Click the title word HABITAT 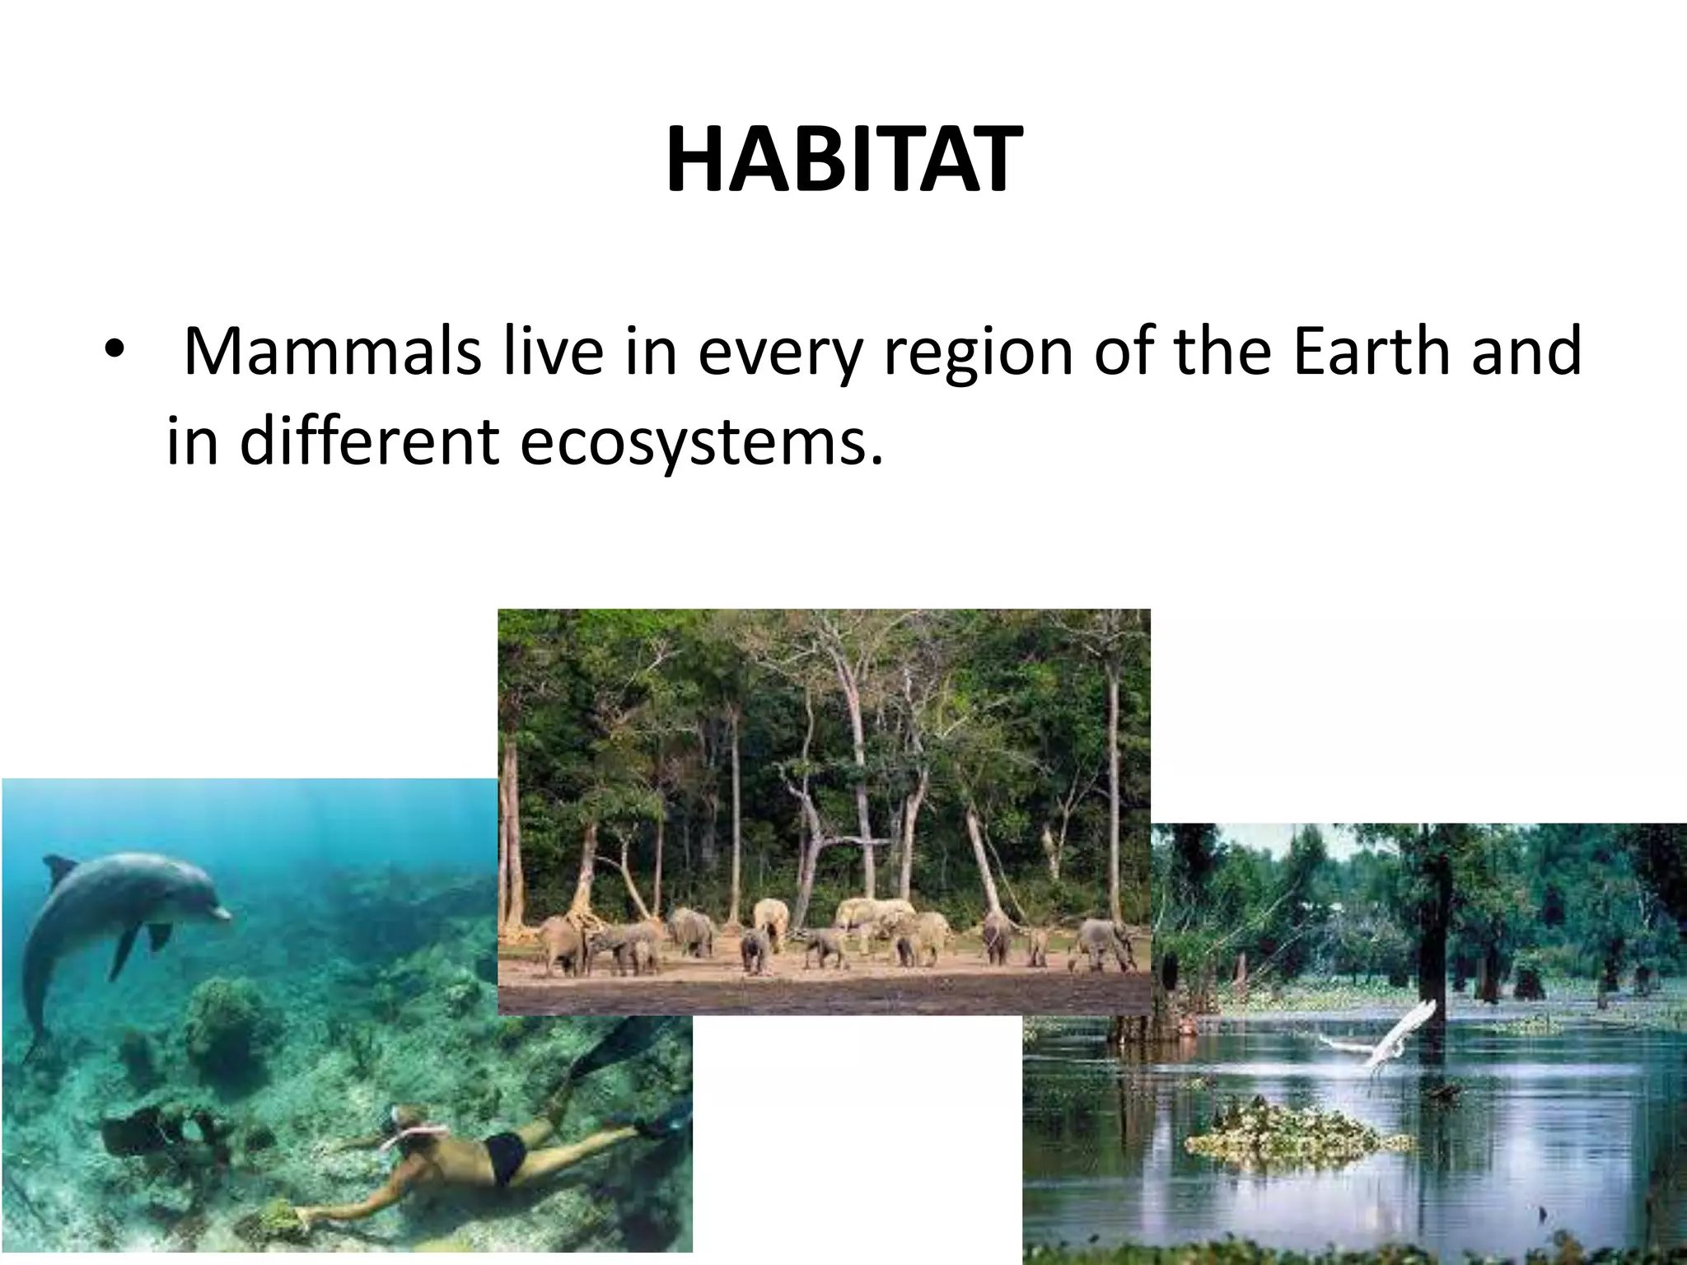point(843,161)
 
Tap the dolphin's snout point(221,913)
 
